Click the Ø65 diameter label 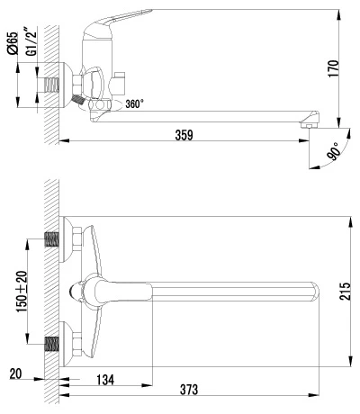click(13, 43)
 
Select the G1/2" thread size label click(32, 41)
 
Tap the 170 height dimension click(334, 69)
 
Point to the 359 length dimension click(184, 135)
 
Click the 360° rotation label click(134, 103)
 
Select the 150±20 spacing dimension click(22, 292)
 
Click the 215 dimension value click(345, 291)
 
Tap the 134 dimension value click(105, 380)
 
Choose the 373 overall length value click(189, 390)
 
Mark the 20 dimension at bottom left click(16, 374)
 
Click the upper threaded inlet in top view click(51, 239)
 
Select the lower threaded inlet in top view click(51, 344)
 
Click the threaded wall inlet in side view click(51, 85)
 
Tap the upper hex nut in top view click(76, 239)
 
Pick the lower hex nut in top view click(76, 344)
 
